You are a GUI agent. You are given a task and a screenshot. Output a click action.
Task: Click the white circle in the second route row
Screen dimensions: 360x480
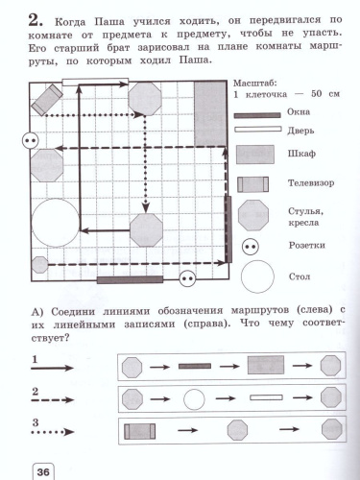click(195, 397)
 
